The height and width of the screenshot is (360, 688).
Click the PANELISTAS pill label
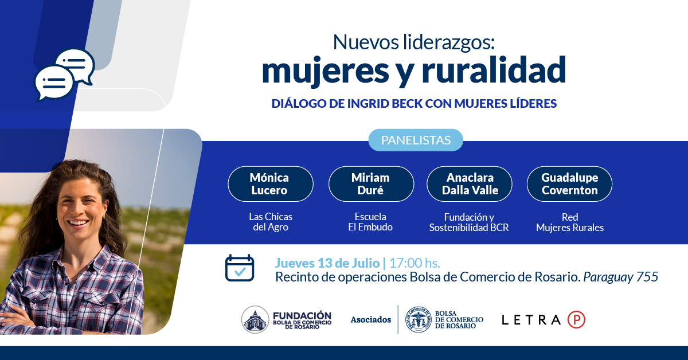pos(415,140)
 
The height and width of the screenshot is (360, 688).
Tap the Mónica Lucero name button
pos(270,184)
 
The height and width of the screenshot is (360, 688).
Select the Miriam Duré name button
pos(370,184)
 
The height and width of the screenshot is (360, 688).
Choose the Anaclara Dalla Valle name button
pos(470,184)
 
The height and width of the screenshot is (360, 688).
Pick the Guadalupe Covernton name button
pos(569,184)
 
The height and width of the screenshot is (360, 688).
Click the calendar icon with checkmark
pos(240,268)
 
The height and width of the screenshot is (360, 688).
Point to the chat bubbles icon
pos(64,75)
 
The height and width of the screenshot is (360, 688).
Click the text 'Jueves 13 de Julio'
pos(327,263)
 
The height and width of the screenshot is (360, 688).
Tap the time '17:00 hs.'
pos(415,263)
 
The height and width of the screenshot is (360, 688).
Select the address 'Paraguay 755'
pos(621,277)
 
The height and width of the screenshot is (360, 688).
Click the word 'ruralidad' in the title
pos(494,70)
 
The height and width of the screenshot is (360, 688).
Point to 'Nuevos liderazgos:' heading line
pos(413,41)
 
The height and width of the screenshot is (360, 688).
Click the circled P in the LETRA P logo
pos(576,320)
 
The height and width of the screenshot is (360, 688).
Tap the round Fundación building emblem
pos(255,320)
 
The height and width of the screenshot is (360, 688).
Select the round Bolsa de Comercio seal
pos(419,320)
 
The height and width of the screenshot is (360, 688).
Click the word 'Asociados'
pos(371,320)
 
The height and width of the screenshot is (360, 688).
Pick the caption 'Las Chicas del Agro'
pos(271,222)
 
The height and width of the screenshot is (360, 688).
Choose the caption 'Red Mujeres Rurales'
pos(569,222)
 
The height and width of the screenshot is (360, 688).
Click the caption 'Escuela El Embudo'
pos(370,222)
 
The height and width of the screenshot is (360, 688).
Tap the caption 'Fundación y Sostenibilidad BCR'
pos(469,222)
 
